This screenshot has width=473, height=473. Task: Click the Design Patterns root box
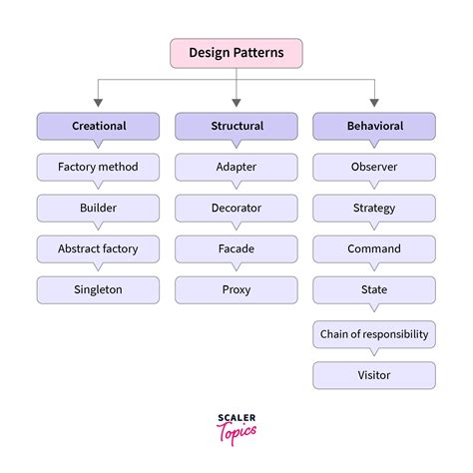(236, 53)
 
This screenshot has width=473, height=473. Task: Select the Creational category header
(98, 126)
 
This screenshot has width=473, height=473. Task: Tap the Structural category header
(236, 126)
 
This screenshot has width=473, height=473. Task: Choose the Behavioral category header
(374, 126)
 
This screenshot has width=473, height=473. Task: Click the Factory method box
(98, 167)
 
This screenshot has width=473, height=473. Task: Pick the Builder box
(98, 208)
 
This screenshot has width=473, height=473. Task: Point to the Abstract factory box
(98, 248)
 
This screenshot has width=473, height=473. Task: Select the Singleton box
(98, 289)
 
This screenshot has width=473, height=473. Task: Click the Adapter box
(236, 167)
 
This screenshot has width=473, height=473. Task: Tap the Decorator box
(236, 208)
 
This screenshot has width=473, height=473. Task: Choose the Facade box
(236, 248)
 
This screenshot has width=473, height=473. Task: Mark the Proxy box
(236, 289)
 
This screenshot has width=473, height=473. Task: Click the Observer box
(374, 167)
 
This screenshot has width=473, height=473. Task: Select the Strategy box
(374, 208)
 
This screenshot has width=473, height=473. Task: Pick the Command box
(374, 248)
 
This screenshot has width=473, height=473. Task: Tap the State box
(374, 289)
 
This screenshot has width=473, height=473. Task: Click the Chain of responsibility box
(374, 333)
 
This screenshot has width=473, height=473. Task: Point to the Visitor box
(374, 375)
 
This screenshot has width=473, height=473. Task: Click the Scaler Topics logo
(236, 427)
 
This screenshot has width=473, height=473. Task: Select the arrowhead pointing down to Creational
(98, 102)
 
